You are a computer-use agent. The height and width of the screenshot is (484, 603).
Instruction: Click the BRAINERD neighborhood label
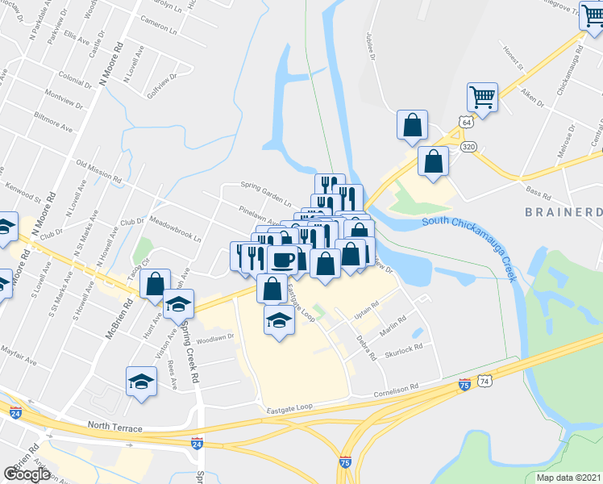tap(564, 212)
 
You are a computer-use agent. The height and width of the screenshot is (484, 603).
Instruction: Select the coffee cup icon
tap(283, 260)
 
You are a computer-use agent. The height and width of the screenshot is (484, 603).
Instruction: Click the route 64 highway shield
tap(464, 121)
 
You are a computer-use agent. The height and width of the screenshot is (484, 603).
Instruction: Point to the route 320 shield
tap(468, 148)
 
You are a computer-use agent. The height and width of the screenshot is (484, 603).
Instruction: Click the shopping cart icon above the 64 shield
tap(482, 98)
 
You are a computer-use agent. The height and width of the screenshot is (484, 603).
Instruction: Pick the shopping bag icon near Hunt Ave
tap(154, 284)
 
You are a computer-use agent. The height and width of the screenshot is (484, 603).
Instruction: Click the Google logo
tap(27, 474)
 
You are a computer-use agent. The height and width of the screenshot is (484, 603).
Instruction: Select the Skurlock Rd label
tap(403, 349)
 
